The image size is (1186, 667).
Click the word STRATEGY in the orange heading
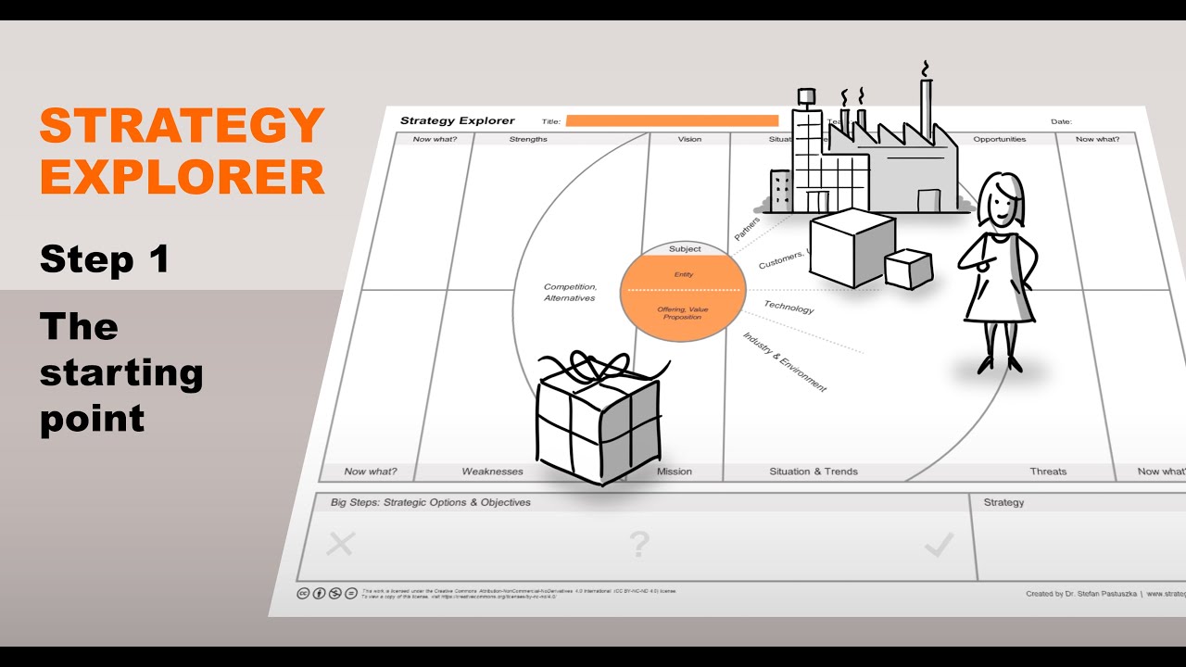(x=182, y=126)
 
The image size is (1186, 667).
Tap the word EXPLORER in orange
(x=182, y=177)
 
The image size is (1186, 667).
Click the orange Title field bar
(x=672, y=120)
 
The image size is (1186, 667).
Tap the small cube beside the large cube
(x=908, y=269)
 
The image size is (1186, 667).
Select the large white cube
(x=852, y=245)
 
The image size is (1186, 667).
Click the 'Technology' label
(x=789, y=307)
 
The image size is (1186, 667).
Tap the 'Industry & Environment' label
(x=784, y=361)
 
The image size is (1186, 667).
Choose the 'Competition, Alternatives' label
(x=570, y=292)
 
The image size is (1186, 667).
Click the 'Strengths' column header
(x=528, y=140)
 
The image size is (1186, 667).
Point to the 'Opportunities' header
(x=999, y=140)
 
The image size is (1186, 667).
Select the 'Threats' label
(x=1048, y=472)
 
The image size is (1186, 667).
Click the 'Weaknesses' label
(x=492, y=472)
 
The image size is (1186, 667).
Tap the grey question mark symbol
(x=639, y=545)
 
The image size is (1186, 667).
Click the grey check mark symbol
(x=939, y=547)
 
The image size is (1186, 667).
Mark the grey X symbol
(x=341, y=544)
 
